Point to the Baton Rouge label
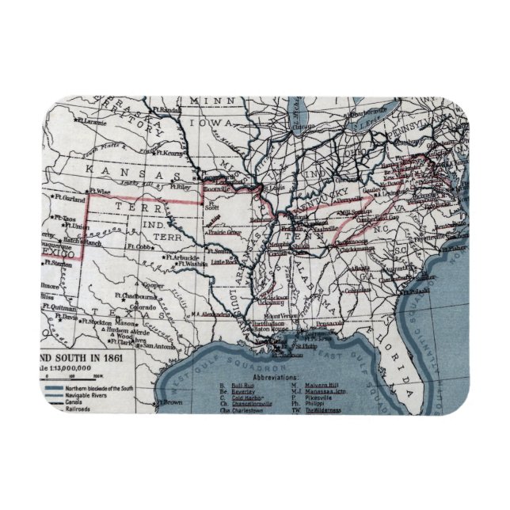click(265, 330)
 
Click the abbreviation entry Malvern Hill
click(324, 386)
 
